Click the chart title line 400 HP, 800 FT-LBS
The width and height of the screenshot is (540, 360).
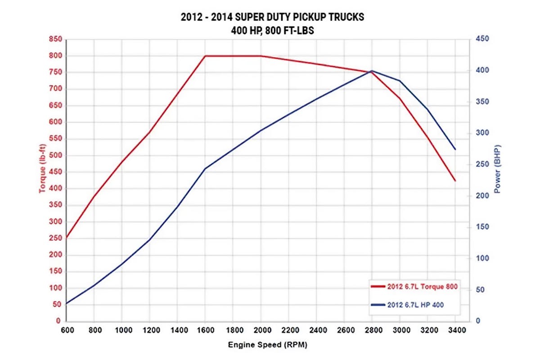pos(270,30)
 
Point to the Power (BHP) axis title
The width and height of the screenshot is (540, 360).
pos(497,169)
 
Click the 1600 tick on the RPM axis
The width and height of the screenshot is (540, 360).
pos(205,330)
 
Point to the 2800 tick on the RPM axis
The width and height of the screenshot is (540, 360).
pos(372,330)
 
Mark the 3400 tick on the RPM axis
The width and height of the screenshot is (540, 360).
pos(455,330)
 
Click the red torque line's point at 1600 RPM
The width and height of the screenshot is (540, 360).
pos(205,56)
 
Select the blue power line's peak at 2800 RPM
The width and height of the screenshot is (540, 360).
pos(372,71)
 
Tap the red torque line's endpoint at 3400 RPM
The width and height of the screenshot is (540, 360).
pos(455,180)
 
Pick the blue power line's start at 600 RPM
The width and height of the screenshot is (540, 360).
pos(66,304)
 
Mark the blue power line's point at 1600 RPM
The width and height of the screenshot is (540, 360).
pos(205,169)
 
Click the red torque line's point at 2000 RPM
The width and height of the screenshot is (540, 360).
pos(261,56)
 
